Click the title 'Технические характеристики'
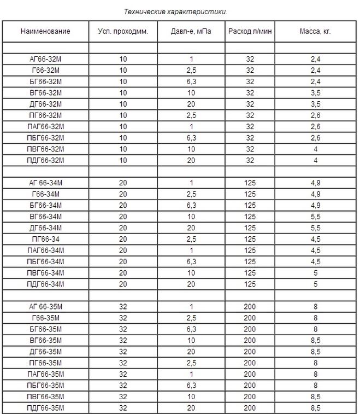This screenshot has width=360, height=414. click(x=175, y=11)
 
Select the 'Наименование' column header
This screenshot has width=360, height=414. click(x=45, y=31)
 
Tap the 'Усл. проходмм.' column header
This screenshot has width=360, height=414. click(x=123, y=31)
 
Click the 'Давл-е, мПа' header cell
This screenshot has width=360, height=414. click(x=191, y=31)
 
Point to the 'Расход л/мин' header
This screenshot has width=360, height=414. click(x=250, y=31)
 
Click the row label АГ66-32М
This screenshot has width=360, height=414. click(x=45, y=59)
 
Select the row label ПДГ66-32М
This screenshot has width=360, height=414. click(x=45, y=160)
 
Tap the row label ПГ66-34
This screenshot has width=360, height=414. click(x=45, y=238)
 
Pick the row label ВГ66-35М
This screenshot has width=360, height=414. click(x=45, y=340)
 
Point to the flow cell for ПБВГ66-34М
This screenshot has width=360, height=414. click(x=250, y=272)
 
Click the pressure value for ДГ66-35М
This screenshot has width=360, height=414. click(x=191, y=352)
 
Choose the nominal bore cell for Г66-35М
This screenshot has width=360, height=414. click(x=123, y=318)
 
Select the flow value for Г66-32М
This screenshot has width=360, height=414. click(x=250, y=71)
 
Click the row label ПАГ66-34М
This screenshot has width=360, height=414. click(x=45, y=250)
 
